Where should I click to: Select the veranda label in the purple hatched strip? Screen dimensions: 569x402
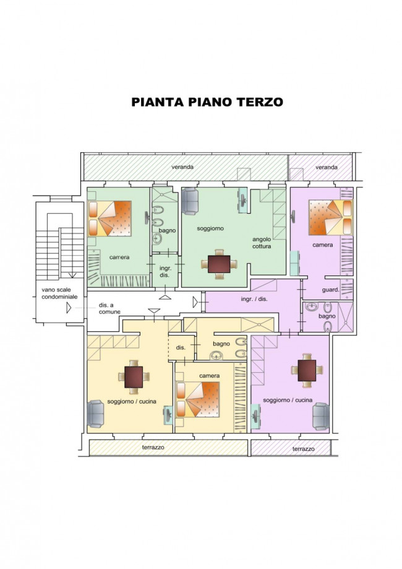327,167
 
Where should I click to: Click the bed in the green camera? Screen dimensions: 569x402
111,218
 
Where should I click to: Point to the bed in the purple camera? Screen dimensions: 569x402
330,218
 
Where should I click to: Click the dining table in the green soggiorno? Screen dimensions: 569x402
219,264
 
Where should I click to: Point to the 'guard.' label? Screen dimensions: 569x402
330,290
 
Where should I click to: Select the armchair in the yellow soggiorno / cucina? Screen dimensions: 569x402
96,414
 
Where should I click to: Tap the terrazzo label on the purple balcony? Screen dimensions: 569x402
303,448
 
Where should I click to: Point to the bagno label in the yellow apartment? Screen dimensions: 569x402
221,343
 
